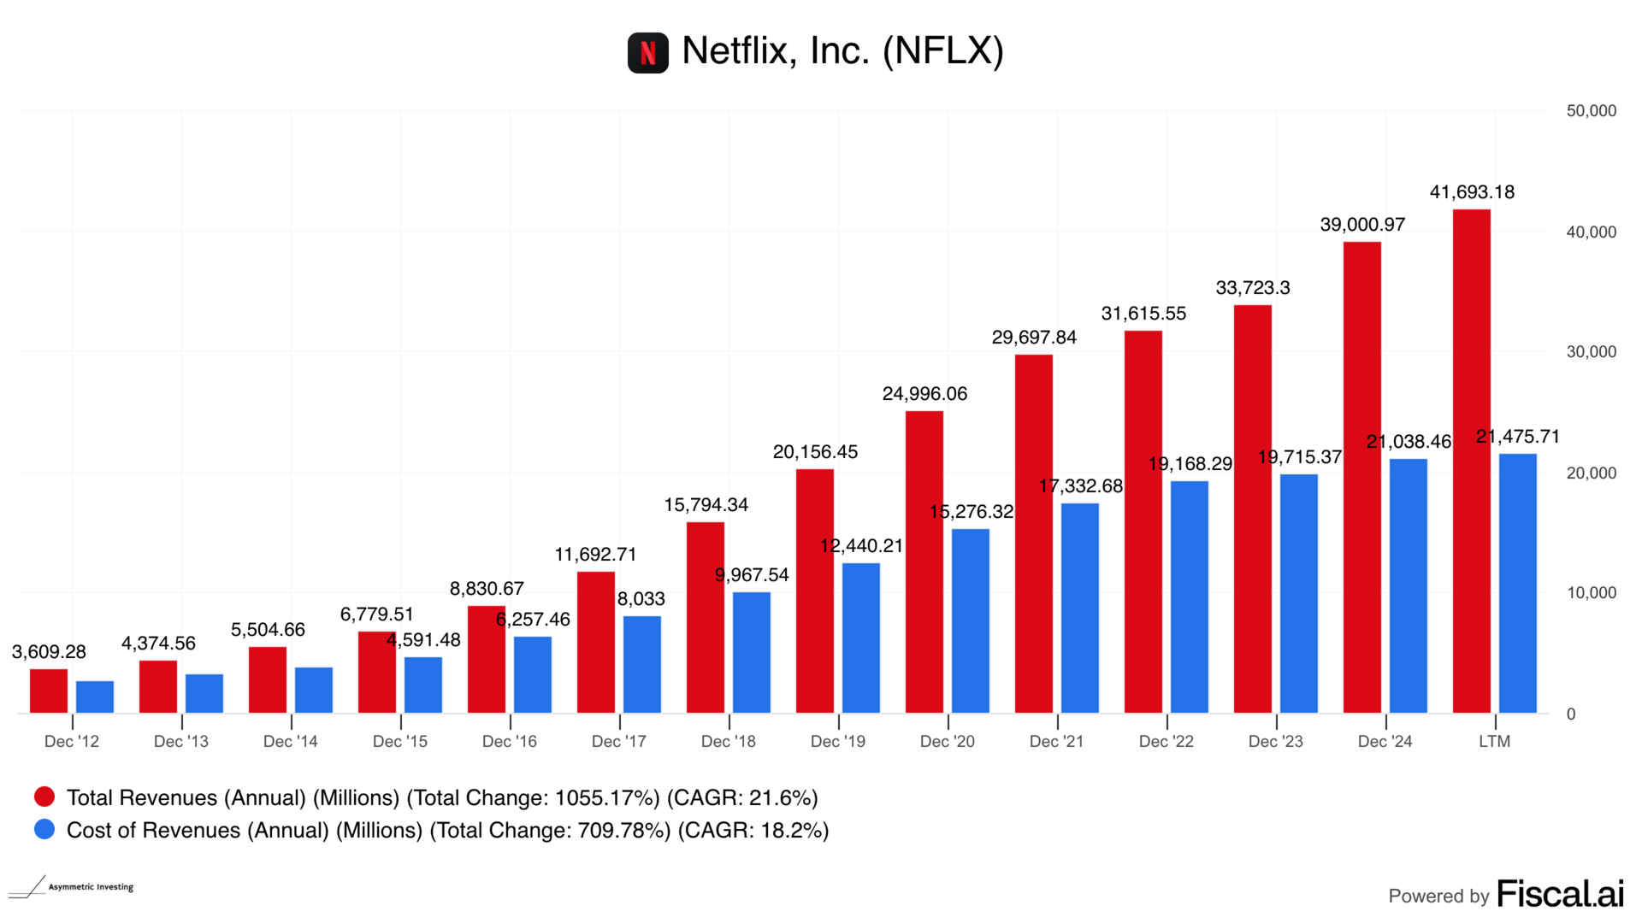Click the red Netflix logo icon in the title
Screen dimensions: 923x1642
tap(647, 53)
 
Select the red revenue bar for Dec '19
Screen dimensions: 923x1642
tap(814, 591)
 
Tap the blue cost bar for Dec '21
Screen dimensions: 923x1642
tap(1079, 608)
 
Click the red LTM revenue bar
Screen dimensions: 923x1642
tap(1471, 461)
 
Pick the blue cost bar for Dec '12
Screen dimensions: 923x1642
tap(95, 697)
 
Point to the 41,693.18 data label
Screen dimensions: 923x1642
tap(1471, 192)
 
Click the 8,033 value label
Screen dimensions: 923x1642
tap(641, 599)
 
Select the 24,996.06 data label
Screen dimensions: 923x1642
tap(924, 394)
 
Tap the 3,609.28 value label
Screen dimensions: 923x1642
tap(49, 652)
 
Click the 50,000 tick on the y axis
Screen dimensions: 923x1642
tap(1591, 111)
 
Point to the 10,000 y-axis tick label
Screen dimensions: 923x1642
tap(1591, 593)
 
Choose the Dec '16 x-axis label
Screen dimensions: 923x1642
tap(510, 742)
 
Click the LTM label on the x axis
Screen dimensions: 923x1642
tap(1494, 742)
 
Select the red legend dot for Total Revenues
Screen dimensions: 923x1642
tap(44, 797)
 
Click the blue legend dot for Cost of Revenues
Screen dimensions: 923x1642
tap(44, 830)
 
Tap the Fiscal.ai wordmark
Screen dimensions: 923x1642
tap(1560, 894)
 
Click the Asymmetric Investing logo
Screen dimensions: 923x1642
tap(72, 887)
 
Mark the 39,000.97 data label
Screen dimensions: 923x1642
tap(1362, 225)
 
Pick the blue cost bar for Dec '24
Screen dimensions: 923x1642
tap(1408, 585)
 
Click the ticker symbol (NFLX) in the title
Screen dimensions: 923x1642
tap(942, 51)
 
